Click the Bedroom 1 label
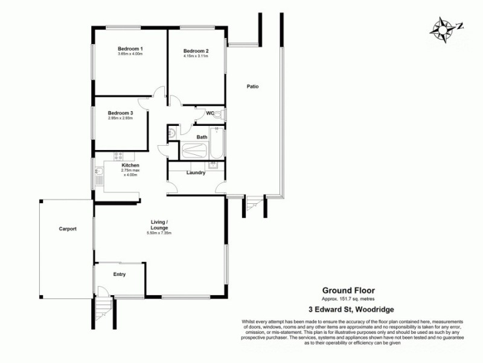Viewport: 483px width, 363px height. (130, 49)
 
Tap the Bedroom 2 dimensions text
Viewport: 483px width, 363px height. (196, 56)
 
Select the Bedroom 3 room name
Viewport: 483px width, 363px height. (120, 113)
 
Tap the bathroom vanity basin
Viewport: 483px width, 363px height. (171, 132)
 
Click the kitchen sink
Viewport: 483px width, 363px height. (98, 177)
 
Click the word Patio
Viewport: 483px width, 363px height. (252, 87)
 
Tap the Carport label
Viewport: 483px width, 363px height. (67, 229)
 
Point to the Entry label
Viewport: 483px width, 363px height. (120, 275)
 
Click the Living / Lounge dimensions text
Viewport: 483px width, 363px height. (159, 234)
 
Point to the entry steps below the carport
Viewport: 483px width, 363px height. (103, 312)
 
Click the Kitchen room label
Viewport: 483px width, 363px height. (130, 165)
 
